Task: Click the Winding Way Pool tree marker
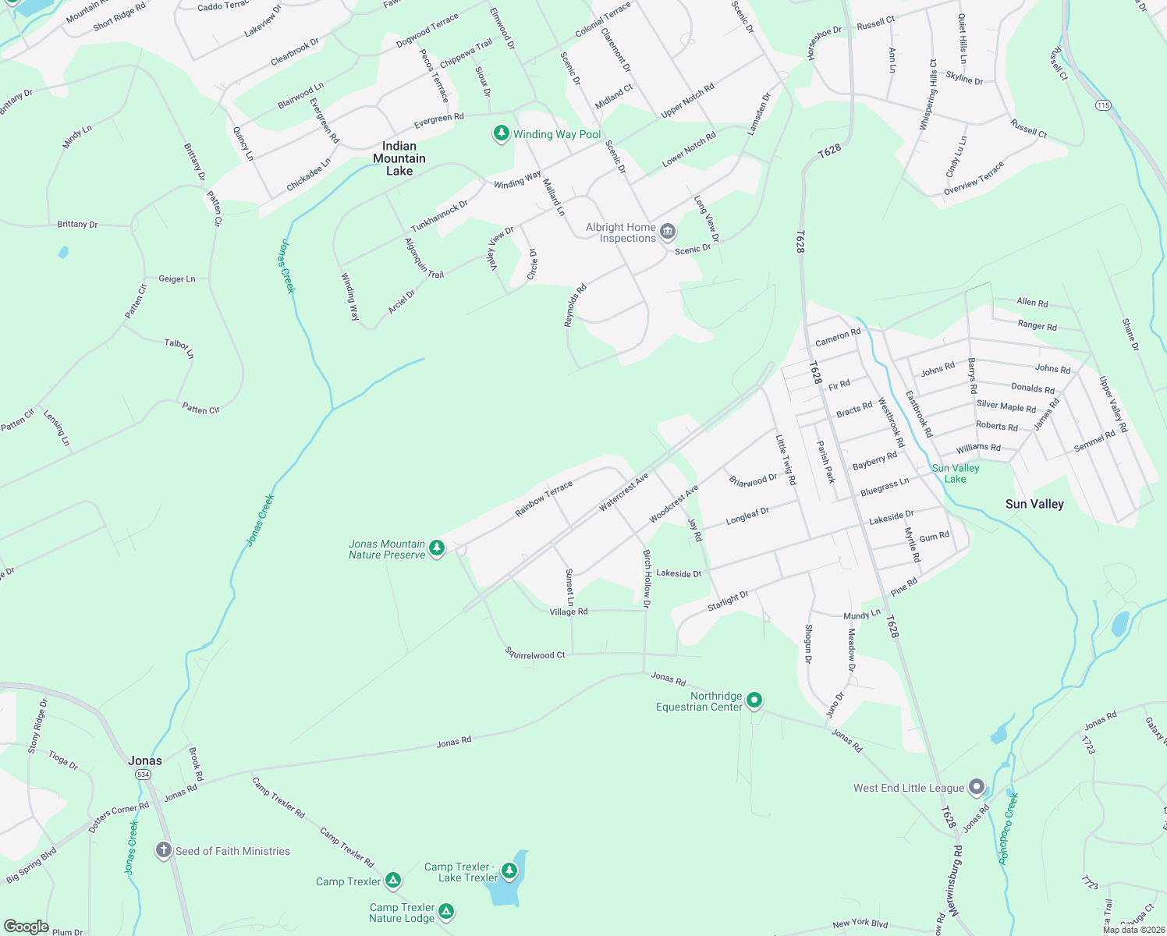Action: [x=501, y=133]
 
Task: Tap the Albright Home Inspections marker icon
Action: [x=668, y=232]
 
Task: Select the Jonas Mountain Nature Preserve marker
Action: [x=437, y=548]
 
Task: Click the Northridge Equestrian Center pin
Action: [x=754, y=700]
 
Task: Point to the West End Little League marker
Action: [x=976, y=787]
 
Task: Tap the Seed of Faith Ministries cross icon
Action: [x=163, y=850]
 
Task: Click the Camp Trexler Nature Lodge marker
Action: [x=446, y=911]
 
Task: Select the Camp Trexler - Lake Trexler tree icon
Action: [x=509, y=870]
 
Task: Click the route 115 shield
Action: [x=1102, y=105]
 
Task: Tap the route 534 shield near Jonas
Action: [x=143, y=775]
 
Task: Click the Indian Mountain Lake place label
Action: [x=399, y=158]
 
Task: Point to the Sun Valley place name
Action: [x=1034, y=504]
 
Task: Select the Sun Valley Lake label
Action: [x=956, y=473]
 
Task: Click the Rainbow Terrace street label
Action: [x=544, y=499]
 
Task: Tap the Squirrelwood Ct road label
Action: [x=534, y=654]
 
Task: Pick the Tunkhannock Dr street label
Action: [x=439, y=216]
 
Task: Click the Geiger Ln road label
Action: [x=177, y=278]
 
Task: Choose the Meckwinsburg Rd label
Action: [x=956, y=881]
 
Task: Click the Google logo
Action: [x=27, y=926]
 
